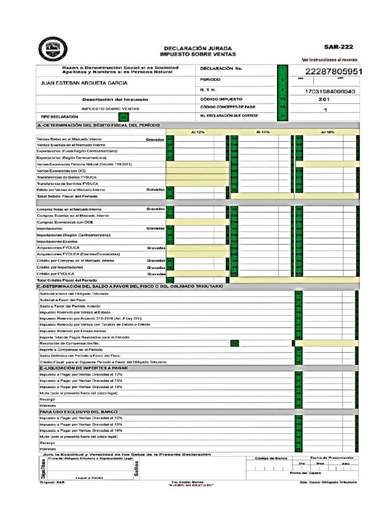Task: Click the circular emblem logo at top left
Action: click(53, 49)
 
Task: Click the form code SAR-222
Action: click(339, 46)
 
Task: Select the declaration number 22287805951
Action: click(333, 71)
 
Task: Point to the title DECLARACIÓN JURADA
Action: click(198, 48)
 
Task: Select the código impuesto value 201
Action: click(324, 99)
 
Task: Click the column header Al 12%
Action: click(198, 132)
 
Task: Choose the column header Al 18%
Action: click(327, 132)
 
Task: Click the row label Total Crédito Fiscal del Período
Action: click(67, 280)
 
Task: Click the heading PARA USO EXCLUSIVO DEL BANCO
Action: click(78, 411)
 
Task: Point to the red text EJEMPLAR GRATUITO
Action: click(191, 485)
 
